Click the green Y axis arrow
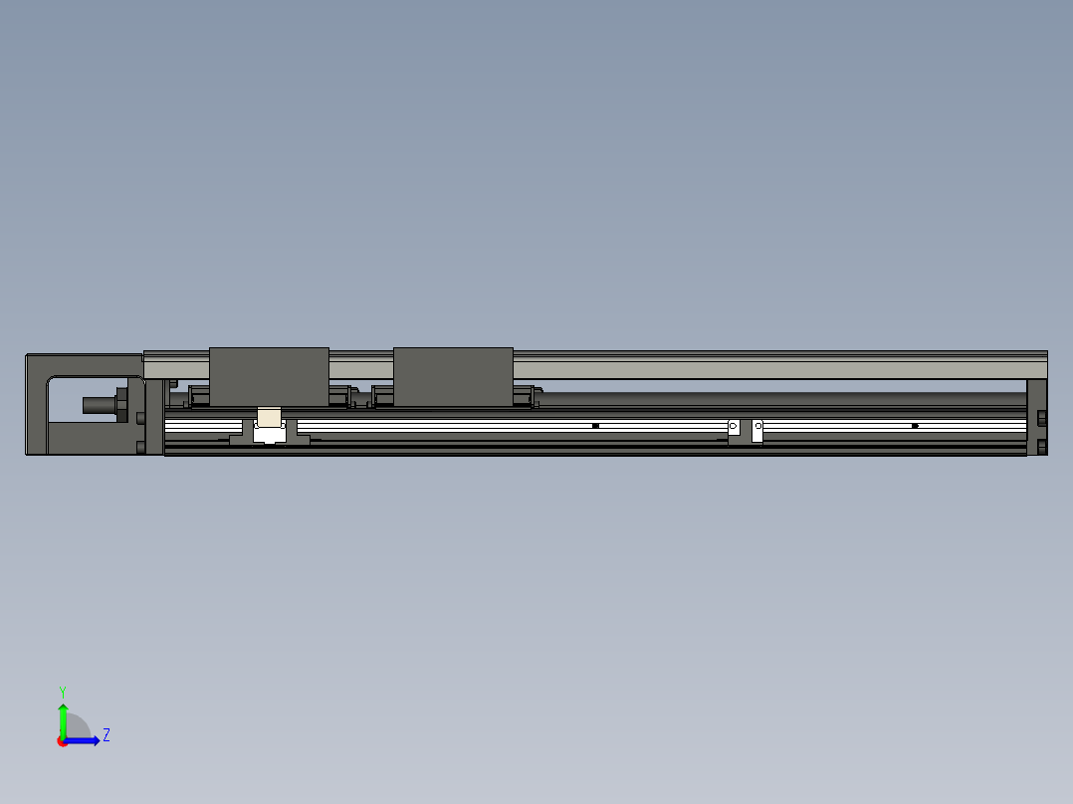63,716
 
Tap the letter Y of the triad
62,691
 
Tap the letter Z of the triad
106,735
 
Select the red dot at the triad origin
63,741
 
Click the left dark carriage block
269,376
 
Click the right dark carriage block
453,376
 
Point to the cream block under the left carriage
269,417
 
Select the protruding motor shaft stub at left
98,405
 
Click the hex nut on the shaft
122,404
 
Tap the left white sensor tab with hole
734,428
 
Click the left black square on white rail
595,426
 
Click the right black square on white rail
915,426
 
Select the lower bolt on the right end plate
1042,446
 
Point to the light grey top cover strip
776,368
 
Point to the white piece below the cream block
269,434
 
